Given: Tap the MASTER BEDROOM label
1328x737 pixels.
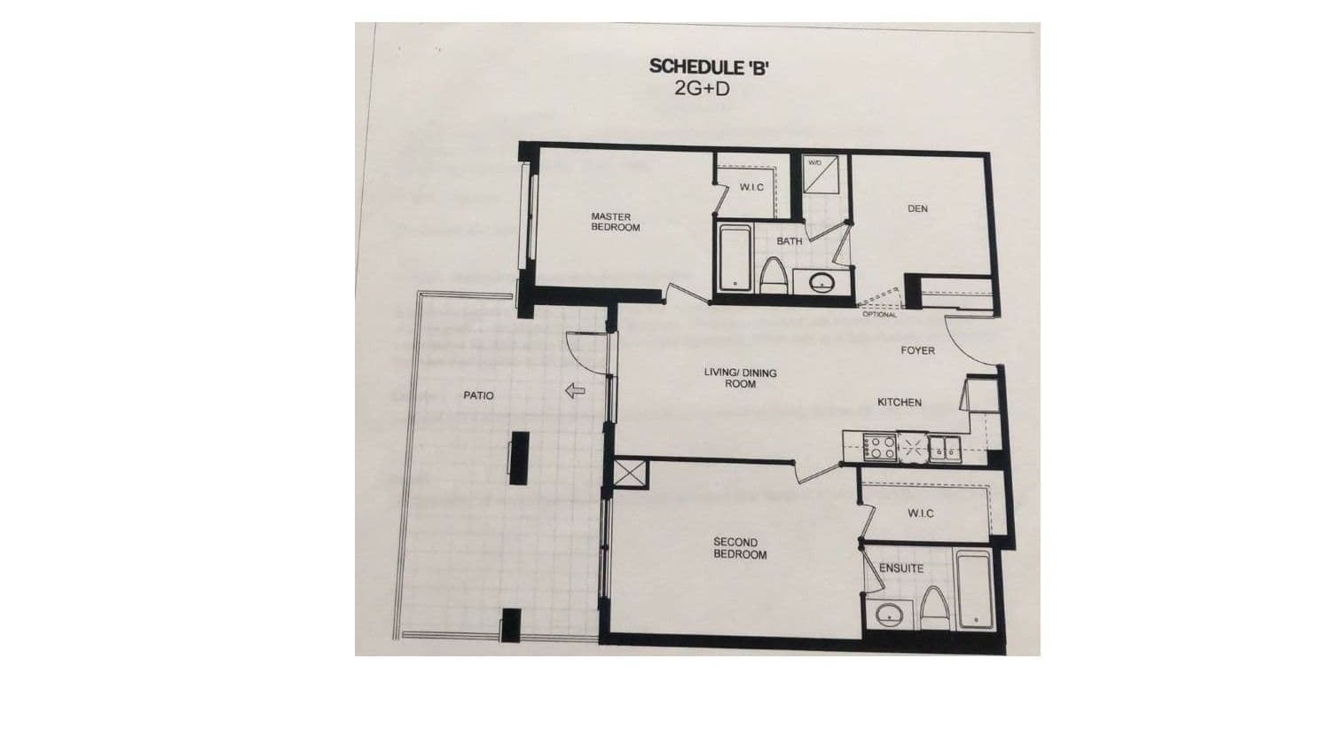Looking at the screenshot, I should click(x=615, y=222).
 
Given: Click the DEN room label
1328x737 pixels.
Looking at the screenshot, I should click(x=917, y=209).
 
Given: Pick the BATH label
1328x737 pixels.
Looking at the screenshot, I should click(x=789, y=241).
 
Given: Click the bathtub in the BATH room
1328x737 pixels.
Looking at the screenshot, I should click(x=735, y=258).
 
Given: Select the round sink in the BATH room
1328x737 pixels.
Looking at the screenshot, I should click(x=821, y=283).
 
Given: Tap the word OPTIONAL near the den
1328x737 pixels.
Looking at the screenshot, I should click(x=879, y=314).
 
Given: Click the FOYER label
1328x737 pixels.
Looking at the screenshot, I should click(x=917, y=350).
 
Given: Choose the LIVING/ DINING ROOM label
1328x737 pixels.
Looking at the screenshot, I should click(x=740, y=379).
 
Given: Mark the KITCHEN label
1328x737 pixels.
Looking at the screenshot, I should click(x=899, y=403).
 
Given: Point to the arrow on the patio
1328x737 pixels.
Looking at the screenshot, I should click(x=576, y=389).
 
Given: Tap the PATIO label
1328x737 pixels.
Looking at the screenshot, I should click(x=478, y=396).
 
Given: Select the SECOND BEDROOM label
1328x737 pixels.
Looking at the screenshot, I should click(x=740, y=548).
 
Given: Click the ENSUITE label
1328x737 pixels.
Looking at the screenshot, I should click(x=900, y=568).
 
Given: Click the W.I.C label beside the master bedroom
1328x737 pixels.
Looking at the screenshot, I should click(x=750, y=187).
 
